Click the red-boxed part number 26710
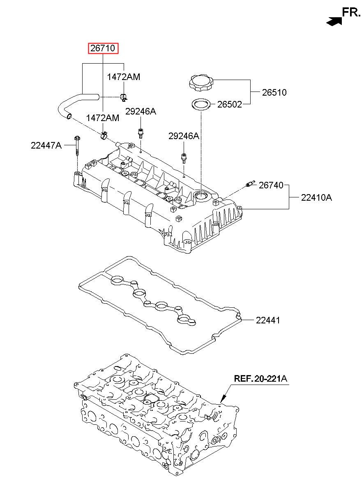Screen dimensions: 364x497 [x=103, y=48]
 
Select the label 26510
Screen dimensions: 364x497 [x=274, y=92]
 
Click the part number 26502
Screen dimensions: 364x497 [x=229, y=104]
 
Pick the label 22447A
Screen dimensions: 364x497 [x=46, y=146]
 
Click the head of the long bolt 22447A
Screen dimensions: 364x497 [x=77, y=138]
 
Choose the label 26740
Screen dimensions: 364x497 [x=271, y=185]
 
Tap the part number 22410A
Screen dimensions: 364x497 [x=316, y=197]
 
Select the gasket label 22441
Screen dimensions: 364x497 [x=268, y=320]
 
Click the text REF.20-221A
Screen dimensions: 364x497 [x=260, y=378]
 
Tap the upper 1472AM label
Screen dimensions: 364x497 [x=124, y=77]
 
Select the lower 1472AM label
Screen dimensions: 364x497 [x=103, y=118]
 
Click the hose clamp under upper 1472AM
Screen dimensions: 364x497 [x=124, y=97]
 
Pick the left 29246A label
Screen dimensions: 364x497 [x=141, y=111]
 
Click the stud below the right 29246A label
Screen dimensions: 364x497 [x=184, y=158]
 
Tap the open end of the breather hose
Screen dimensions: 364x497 [x=69, y=116]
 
